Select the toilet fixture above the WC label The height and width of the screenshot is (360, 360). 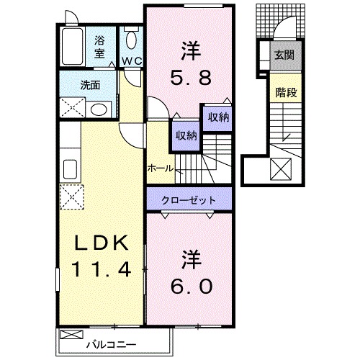pyautogui.click(x=130, y=40)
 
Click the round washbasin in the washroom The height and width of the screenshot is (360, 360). pyautogui.click(x=99, y=109)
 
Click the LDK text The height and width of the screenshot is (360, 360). pyautogui.click(x=102, y=244)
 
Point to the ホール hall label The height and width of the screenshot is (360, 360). pyautogui.click(x=159, y=168)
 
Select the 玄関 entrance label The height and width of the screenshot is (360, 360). pyautogui.click(x=284, y=55)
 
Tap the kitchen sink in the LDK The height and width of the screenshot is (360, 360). pyautogui.click(x=71, y=170)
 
